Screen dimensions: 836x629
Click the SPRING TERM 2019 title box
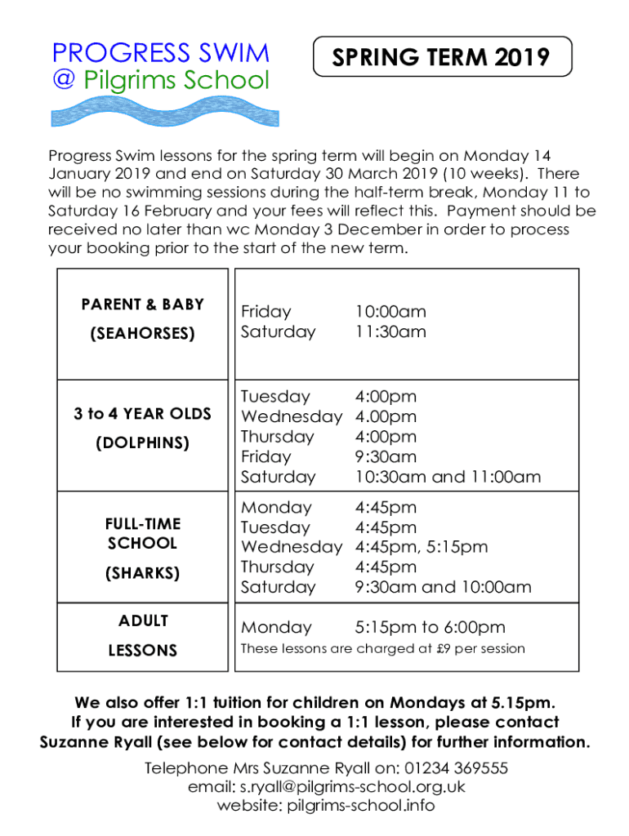442,57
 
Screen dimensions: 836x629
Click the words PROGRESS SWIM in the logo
160,54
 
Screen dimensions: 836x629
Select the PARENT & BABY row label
142,305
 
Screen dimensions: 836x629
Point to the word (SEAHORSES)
142,334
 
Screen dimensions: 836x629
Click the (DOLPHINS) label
142,443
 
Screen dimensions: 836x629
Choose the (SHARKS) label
142,573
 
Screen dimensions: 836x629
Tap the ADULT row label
143,621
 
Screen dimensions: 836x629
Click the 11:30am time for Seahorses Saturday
390,331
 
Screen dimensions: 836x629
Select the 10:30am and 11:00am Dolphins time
447,477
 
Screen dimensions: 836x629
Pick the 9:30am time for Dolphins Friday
385,456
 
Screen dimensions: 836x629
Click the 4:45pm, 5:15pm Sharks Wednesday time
421,547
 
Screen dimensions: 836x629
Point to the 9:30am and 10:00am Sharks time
442,587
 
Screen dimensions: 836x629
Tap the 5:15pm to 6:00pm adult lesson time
429,627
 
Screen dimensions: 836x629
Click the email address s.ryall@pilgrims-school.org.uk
351,787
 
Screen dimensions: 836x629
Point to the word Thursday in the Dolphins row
277,437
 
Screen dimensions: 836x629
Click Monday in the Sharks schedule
276,508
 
